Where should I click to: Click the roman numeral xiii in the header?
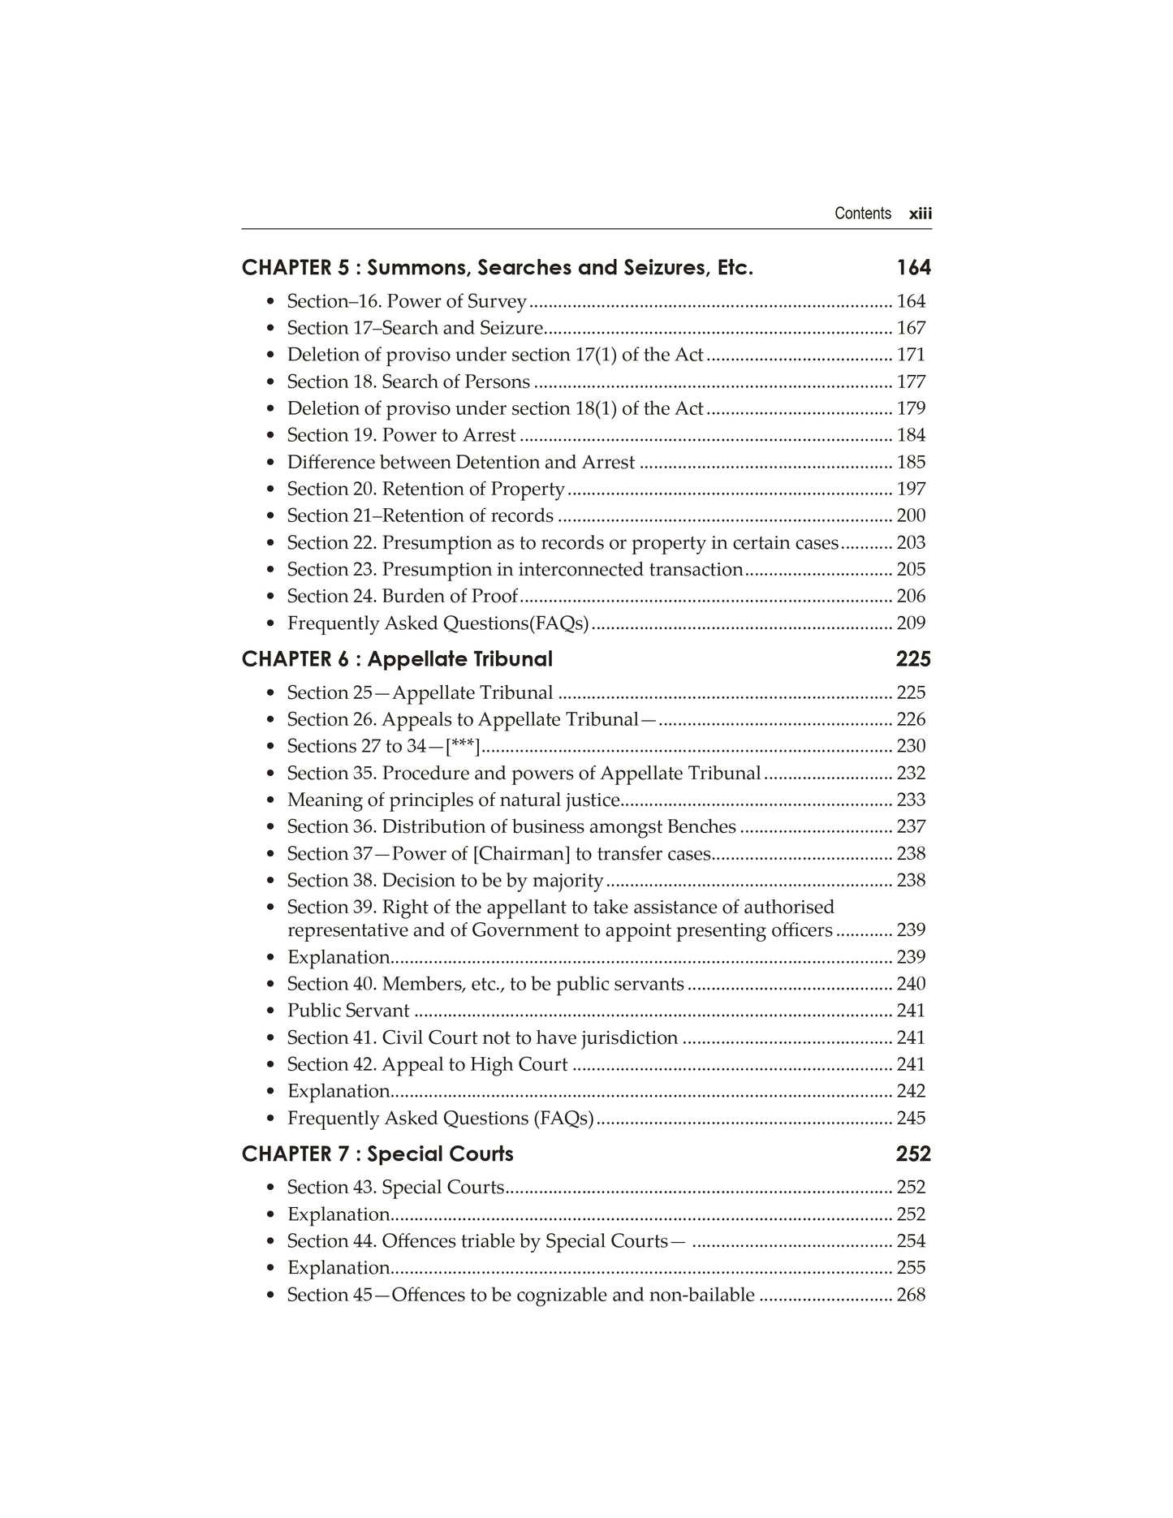coord(920,213)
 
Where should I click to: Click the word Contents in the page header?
coord(862,213)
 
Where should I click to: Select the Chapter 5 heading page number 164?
coord(913,267)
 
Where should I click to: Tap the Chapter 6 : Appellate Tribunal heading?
coord(397,658)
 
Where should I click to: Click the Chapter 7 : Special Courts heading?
coord(377,1154)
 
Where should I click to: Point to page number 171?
coord(911,355)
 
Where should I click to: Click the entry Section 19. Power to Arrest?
coord(401,435)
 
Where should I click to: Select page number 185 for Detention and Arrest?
coord(911,462)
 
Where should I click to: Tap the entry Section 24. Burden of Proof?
coord(402,596)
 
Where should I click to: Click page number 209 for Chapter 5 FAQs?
coord(911,623)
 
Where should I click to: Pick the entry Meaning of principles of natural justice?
coord(454,800)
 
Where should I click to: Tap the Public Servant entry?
coord(348,1011)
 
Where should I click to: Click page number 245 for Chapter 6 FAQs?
coord(911,1118)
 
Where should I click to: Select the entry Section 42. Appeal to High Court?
coord(427,1064)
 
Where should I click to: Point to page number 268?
coord(911,1295)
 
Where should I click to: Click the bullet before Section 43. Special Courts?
coord(270,1188)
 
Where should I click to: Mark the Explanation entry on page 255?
coord(339,1268)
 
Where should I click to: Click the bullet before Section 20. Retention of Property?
coord(270,489)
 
